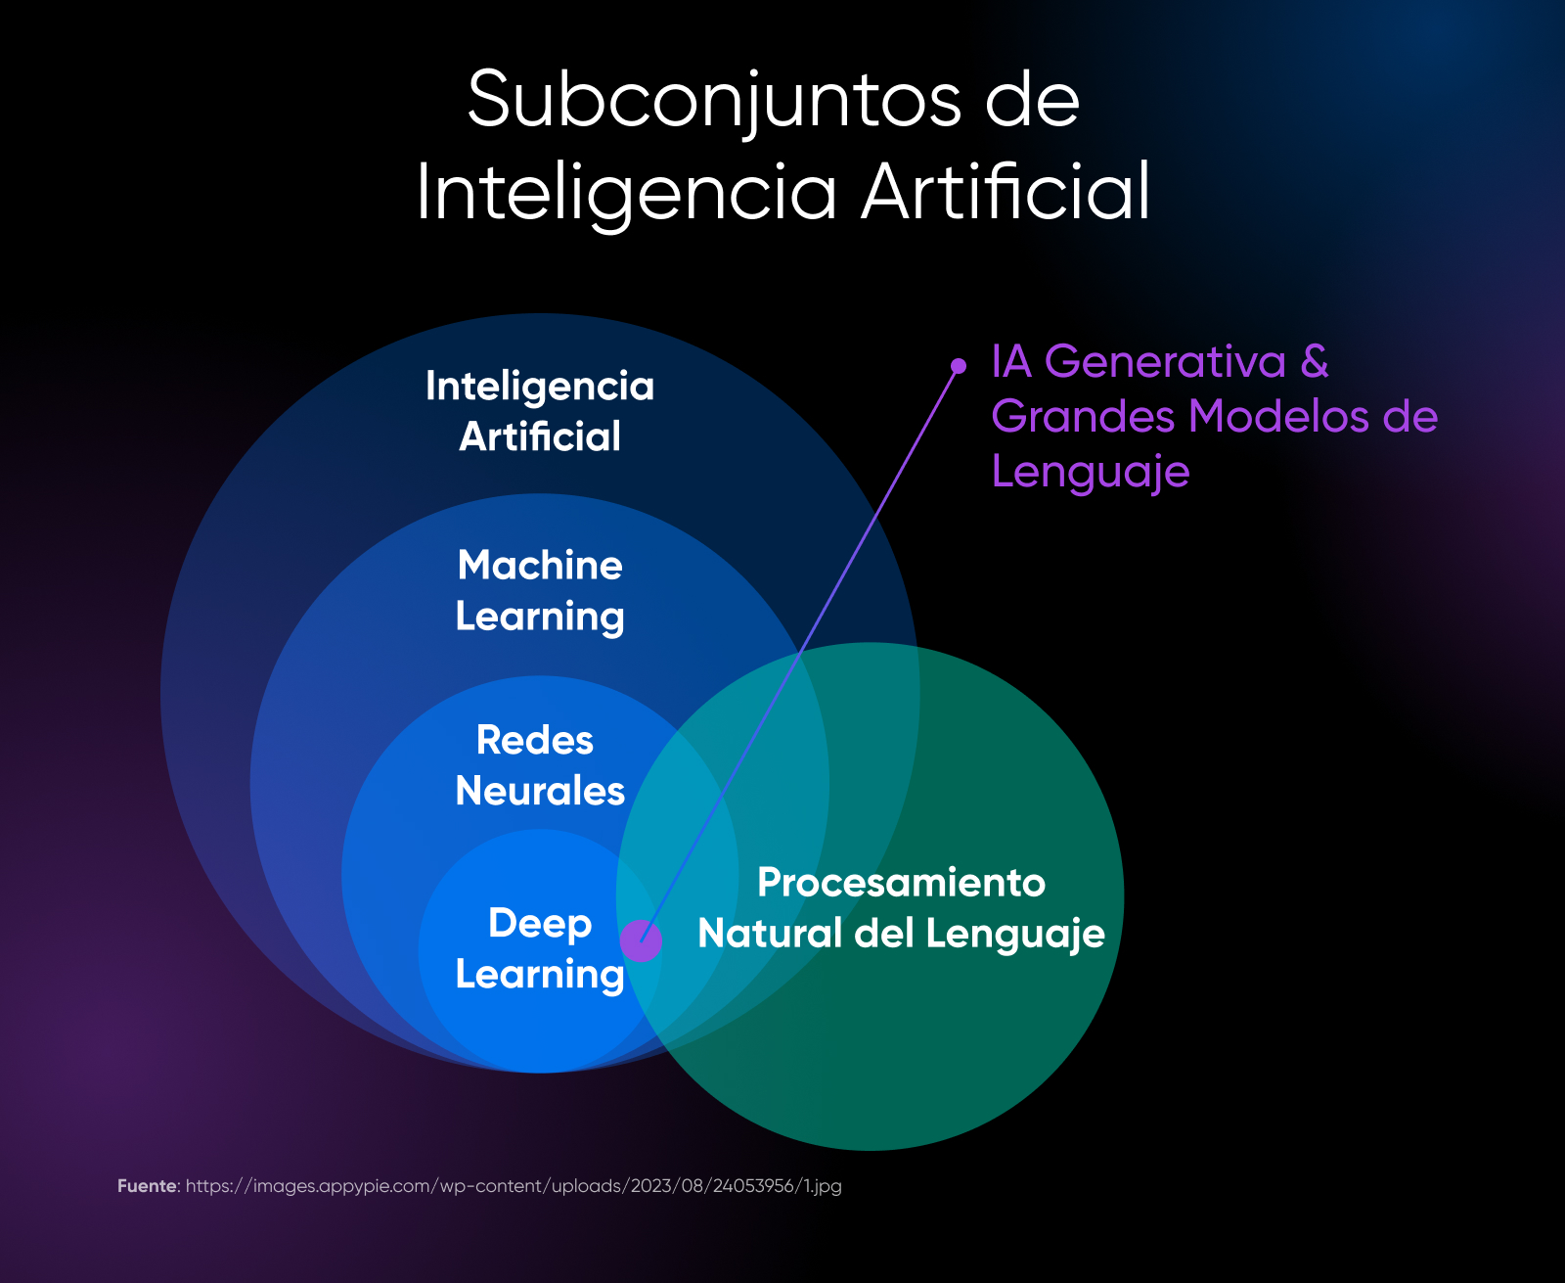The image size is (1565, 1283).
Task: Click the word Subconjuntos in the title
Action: [x=714, y=100]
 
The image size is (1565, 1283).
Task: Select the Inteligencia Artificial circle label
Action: [x=540, y=411]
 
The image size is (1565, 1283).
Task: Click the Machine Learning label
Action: [x=540, y=591]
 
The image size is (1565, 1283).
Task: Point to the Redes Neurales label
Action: [x=540, y=765]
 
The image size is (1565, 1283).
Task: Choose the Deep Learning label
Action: [x=540, y=949]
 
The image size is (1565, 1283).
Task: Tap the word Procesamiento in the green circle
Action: [x=901, y=883]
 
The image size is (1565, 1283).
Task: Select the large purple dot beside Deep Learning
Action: [x=642, y=940]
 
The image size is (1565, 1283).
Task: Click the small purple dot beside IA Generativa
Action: [x=959, y=366]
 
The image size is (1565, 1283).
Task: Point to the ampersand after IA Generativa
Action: [x=1315, y=362]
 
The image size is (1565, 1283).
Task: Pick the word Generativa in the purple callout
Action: [x=1165, y=362]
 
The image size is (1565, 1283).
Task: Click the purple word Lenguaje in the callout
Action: [x=1091, y=473]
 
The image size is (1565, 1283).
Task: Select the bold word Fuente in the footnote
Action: [x=148, y=1186]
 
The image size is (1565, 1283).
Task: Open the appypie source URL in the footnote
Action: [x=514, y=1186]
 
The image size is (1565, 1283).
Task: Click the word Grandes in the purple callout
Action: [x=1083, y=417]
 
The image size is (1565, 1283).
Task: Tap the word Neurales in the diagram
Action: [x=540, y=791]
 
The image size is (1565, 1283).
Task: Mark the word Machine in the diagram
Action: [x=540, y=566]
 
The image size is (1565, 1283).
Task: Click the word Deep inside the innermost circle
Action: [x=540, y=923]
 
